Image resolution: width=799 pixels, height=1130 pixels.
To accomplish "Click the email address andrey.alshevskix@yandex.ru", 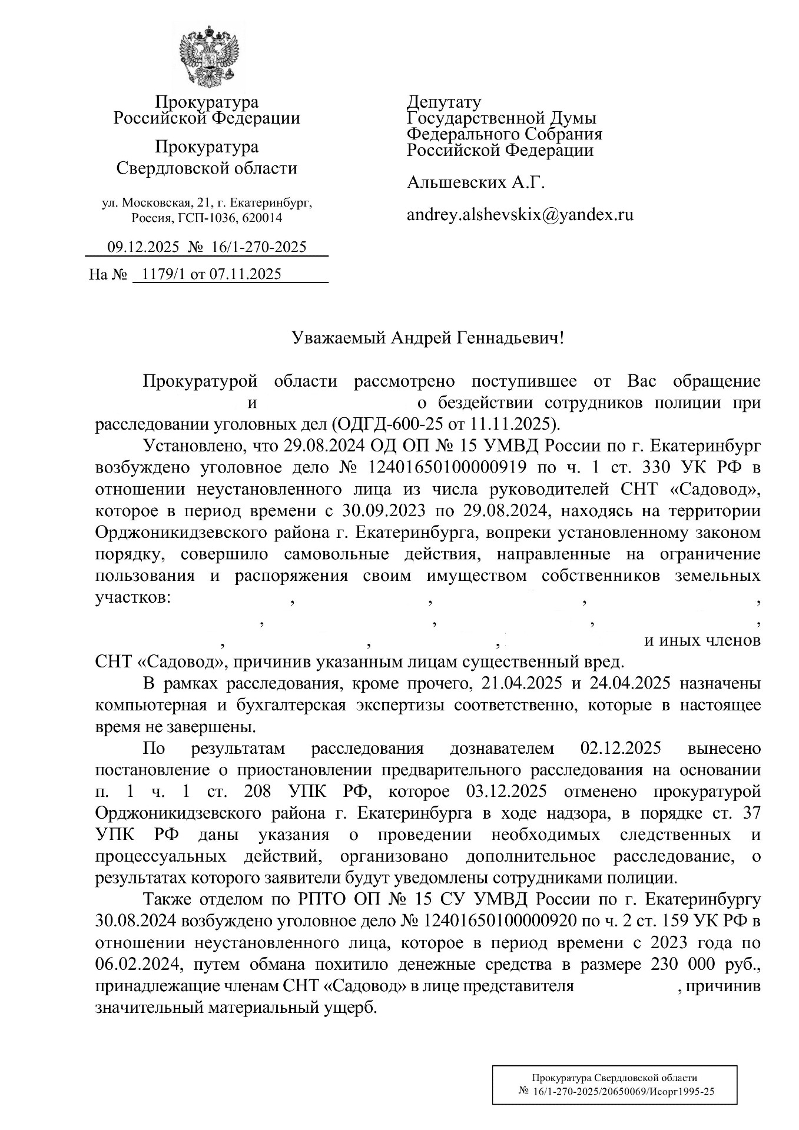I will pyautogui.click(x=520, y=215).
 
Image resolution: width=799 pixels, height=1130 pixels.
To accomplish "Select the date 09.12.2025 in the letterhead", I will pyautogui.click(x=142, y=247).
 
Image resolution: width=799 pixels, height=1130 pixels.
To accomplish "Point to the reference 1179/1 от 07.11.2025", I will pyautogui.click(x=208, y=274).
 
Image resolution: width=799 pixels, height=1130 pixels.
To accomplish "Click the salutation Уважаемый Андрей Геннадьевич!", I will pyautogui.click(x=428, y=338).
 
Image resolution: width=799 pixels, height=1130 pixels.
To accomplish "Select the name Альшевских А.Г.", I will pyautogui.click(x=476, y=183).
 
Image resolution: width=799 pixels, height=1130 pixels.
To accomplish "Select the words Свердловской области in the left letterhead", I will pyautogui.click(x=207, y=169).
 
